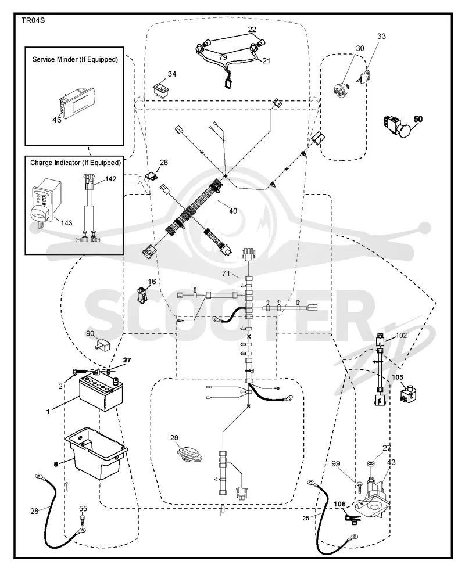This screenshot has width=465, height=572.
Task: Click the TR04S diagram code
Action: click(x=33, y=20)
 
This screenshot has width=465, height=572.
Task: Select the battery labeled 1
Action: click(x=99, y=392)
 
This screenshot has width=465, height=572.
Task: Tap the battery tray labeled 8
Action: click(x=96, y=454)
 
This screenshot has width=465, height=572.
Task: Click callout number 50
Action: click(x=418, y=119)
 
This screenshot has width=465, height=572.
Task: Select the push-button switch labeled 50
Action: click(x=397, y=126)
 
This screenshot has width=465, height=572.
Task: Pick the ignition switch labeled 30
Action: click(x=342, y=89)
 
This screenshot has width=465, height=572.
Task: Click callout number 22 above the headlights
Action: click(x=252, y=30)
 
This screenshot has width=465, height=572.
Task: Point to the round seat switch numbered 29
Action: click(x=189, y=454)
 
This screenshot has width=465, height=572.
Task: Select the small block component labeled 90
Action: click(x=102, y=344)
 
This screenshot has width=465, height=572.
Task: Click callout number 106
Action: click(x=339, y=504)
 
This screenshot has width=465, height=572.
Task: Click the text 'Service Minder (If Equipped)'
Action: click(x=75, y=59)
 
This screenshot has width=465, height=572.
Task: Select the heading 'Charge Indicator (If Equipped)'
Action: click(x=75, y=163)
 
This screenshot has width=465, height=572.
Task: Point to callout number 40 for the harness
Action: click(x=233, y=211)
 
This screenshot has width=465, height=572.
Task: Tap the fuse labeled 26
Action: click(x=152, y=177)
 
